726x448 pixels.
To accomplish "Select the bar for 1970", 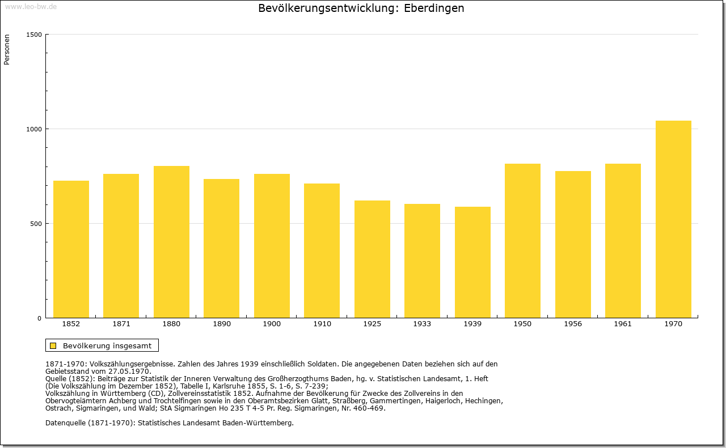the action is (673, 219).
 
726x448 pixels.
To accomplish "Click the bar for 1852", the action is (71, 249).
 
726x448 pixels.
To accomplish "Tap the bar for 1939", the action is (472, 262).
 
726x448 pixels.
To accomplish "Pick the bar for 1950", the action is (522, 241).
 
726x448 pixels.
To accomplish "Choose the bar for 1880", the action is (171, 242).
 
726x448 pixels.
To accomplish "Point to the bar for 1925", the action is (372, 259).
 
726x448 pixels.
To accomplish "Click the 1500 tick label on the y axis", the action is (34, 35).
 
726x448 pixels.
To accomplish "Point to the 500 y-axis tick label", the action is (36, 224).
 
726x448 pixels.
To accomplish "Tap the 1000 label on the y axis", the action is (34, 129).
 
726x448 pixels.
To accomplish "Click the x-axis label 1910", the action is (322, 324).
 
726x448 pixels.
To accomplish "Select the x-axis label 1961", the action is (623, 324).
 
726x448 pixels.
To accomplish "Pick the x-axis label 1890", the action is (222, 324).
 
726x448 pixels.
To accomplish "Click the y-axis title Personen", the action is (7, 49).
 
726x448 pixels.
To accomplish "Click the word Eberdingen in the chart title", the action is (434, 8).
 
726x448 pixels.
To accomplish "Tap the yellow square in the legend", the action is (53, 345).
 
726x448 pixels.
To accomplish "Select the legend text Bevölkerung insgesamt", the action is (107, 345).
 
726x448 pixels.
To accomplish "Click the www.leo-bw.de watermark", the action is (31, 7).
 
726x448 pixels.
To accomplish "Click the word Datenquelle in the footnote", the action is (66, 423).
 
